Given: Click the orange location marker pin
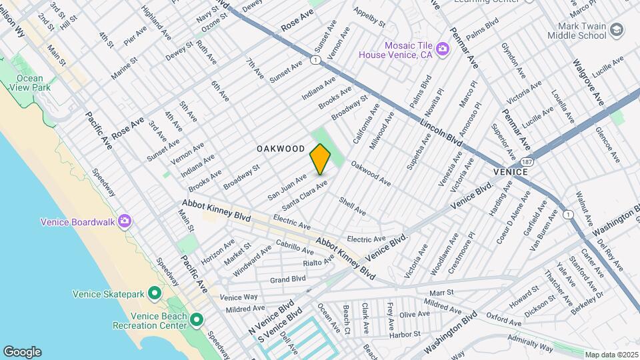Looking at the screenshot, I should (320, 159).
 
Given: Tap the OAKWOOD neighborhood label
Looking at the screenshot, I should (281, 149).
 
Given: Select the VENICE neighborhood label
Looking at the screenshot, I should (511, 172).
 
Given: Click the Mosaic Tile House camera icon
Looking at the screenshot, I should (441, 49).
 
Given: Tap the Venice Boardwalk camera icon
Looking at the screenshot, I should (125, 222).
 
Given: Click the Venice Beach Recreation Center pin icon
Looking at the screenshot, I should (196, 321).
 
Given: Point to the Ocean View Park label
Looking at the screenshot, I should (33, 83).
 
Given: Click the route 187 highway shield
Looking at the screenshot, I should (527, 162).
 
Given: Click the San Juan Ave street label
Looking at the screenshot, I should (287, 187).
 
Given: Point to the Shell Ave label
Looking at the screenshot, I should (352, 206).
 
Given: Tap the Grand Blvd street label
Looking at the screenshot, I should (287, 279).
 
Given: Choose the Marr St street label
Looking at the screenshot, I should (441, 292).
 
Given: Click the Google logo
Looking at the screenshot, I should (22, 351).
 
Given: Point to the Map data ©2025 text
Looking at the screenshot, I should (611, 355).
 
